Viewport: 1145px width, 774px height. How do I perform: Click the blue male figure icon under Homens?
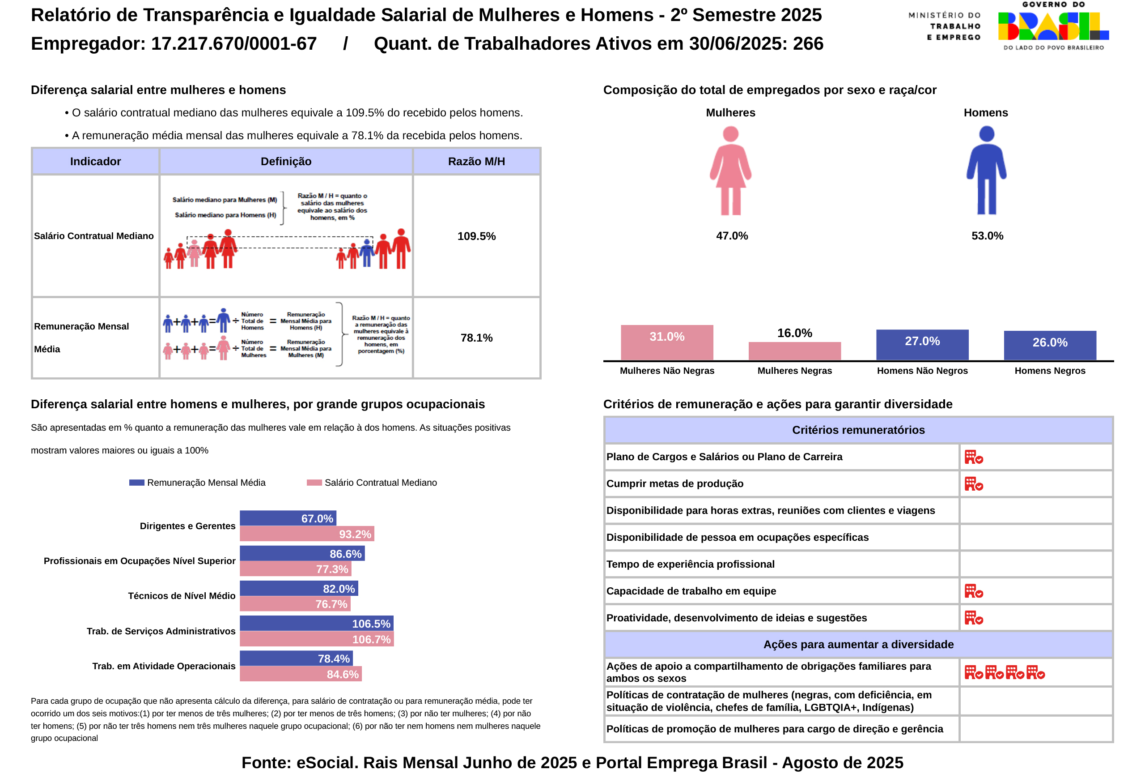pos(986,171)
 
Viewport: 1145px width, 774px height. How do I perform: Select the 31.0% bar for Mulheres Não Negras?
pos(666,342)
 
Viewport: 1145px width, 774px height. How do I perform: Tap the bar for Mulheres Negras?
pos(794,351)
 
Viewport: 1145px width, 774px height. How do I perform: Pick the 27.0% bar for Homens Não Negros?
pos(922,345)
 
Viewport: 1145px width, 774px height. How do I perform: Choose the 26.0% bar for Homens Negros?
pos(1049,345)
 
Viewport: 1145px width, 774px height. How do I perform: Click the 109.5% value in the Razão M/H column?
pos(476,236)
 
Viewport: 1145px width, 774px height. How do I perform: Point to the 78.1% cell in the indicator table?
pos(476,338)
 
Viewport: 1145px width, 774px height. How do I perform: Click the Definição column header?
pos(286,161)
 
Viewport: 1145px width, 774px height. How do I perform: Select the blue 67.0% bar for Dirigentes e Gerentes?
pos(288,518)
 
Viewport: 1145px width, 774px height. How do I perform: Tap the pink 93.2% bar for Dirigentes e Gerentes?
pos(306,534)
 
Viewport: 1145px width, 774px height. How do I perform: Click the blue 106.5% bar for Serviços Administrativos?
pos(316,624)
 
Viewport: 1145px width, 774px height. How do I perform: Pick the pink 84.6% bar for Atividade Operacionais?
pos(301,674)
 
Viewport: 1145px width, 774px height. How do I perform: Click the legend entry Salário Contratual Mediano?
pos(372,483)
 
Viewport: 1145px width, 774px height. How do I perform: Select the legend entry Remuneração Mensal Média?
pos(198,483)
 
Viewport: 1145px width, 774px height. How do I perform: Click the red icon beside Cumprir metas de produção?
pos(974,483)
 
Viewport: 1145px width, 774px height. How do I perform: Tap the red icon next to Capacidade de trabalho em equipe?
pos(974,591)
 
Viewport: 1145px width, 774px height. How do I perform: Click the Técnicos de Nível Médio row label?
pos(181,595)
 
